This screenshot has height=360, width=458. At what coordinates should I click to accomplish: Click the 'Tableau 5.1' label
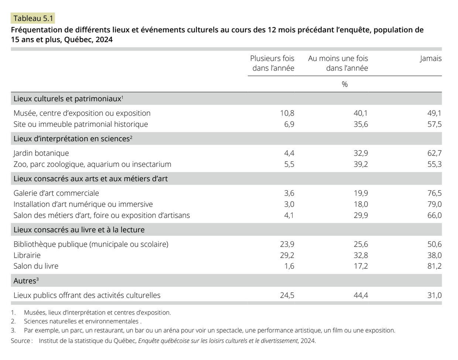33,18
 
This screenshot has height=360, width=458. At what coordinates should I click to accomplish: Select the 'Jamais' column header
431,58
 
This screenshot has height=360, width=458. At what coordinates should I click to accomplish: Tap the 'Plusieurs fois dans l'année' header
273,63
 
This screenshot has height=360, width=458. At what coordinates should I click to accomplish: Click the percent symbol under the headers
345,84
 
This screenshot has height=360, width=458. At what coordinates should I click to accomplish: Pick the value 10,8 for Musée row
287,113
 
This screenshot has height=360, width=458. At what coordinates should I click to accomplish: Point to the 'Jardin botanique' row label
41,153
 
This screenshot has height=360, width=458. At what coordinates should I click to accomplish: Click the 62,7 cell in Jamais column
434,153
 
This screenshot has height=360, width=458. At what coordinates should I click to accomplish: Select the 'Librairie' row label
27,255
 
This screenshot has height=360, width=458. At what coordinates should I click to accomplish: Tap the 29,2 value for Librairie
287,255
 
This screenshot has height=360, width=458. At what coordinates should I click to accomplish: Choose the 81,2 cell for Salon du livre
434,266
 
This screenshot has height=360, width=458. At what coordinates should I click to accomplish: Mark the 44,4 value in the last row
360,295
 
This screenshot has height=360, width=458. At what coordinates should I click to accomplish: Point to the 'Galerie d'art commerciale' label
56,193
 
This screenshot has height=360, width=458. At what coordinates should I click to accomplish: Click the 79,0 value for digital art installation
434,204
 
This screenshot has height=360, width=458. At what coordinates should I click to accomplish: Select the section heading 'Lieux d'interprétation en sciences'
73,139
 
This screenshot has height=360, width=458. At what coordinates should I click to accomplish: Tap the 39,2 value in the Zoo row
360,164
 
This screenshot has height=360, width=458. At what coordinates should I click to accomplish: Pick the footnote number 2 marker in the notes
13,321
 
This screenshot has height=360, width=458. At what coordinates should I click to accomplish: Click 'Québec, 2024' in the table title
88,40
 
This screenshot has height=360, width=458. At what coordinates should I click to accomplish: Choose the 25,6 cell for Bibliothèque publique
360,244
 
